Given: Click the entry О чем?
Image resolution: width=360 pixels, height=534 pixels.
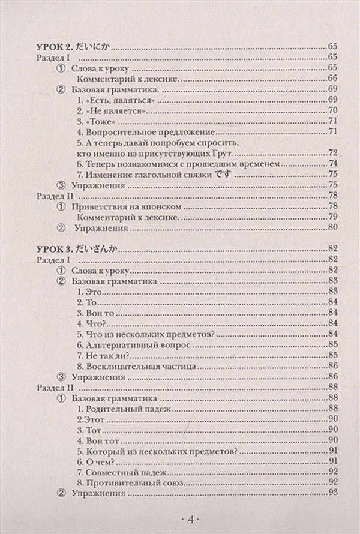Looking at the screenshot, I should pyautogui.click(x=96, y=461).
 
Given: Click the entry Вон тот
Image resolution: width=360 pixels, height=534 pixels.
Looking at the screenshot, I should pyautogui.click(x=100, y=440).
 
